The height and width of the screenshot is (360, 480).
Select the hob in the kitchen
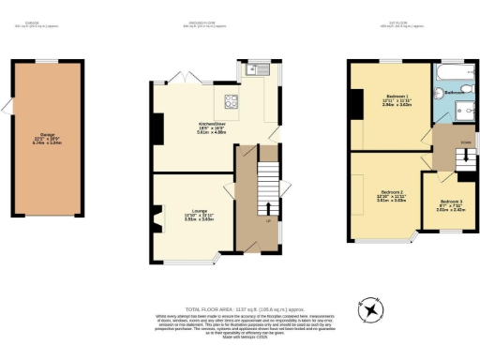pyautogui.click(x=230, y=103)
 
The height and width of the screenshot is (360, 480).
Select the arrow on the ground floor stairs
pyautogui.click(x=270, y=209)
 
